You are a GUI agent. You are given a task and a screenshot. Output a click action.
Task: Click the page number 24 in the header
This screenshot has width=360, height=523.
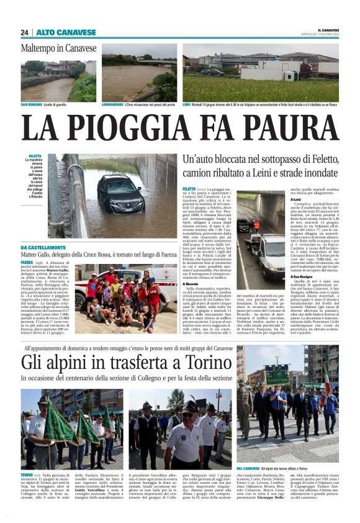tap(25, 32)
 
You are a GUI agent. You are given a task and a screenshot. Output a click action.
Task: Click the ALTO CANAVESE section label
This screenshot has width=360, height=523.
tap(58, 32)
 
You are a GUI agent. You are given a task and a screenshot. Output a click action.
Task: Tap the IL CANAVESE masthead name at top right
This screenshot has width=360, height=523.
tap(328, 29)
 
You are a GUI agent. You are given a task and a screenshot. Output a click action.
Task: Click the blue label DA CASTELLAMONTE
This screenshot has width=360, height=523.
tap(45, 248)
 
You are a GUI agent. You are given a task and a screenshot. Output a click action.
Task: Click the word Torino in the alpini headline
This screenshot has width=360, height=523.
tap(200, 362)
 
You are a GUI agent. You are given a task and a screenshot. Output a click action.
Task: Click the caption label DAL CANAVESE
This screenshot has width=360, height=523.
tap(248, 468)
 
